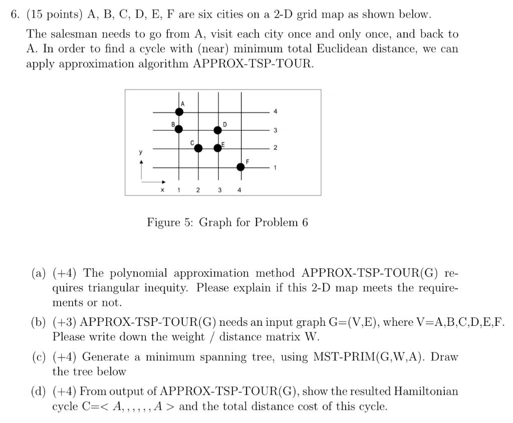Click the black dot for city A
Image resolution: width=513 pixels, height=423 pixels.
click(179, 112)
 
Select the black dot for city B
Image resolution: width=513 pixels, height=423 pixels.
click(179, 129)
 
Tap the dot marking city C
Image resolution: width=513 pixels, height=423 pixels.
click(198, 148)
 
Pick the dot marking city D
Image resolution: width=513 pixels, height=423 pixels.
click(217, 130)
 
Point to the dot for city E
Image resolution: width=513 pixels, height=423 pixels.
click(217, 148)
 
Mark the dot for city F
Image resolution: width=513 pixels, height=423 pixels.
click(240, 167)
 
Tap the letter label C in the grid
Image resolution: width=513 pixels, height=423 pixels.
click(192, 143)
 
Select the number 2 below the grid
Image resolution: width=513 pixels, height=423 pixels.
click(198, 190)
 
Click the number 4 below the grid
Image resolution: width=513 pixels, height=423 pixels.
click(239, 190)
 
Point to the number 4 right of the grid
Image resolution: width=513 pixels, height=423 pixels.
click(275, 111)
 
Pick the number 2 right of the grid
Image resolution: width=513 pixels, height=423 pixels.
click(275, 148)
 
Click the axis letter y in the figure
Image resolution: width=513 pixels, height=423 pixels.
click(141, 152)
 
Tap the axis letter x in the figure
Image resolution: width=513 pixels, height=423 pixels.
click(161, 190)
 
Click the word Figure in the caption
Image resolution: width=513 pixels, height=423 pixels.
click(163, 222)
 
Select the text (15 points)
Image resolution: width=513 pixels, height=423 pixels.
click(55, 15)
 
